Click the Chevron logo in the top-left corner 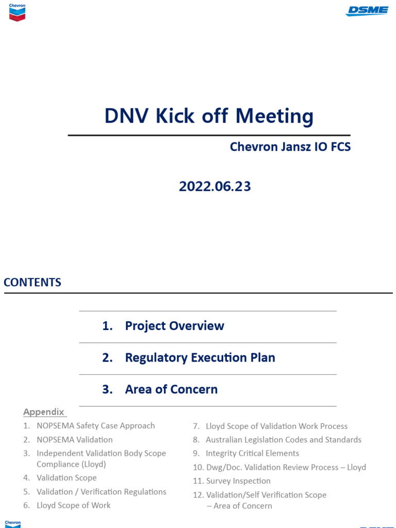(x=17, y=12)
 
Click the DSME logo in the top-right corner (x=367, y=11)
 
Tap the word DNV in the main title (x=126, y=116)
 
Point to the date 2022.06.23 (x=215, y=186)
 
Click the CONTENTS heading (x=32, y=282)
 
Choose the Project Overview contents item (x=174, y=326)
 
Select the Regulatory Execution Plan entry (x=200, y=357)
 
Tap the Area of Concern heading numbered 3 (x=171, y=389)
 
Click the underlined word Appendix (x=44, y=412)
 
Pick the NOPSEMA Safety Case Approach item (x=95, y=425)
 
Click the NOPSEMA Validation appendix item (x=75, y=439)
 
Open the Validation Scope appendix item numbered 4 (x=67, y=477)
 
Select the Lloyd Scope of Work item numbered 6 (x=73, y=505)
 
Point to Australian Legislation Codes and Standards (x=284, y=439)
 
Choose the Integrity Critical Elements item (x=252, y=453)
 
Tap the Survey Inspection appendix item (x=238, y=481)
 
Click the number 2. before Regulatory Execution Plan (x=107, y=358)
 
